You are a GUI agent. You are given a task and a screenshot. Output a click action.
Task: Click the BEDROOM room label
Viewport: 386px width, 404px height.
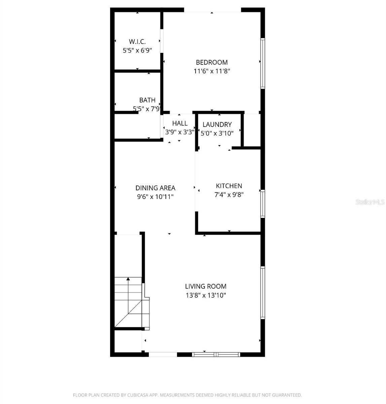pyautogui.click(x=212, y=62)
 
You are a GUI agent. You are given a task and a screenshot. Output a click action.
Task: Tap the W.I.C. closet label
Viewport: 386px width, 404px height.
pyautogui.click(x=137, y=42)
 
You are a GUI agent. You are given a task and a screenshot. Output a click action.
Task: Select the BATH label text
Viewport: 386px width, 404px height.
pyautogui.click(x=147, y=100)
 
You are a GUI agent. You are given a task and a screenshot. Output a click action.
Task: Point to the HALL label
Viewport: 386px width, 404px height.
pyautogui.click(x=180, y=123)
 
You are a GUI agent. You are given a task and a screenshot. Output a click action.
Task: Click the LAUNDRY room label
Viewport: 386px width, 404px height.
pyautogui.click(x=217, y=125)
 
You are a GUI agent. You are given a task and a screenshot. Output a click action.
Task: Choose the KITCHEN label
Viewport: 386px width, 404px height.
pyautogui.click(x=229, y=186)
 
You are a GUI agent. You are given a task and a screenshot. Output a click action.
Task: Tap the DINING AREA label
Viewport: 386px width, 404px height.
pyautogui.click(x=155, y=188)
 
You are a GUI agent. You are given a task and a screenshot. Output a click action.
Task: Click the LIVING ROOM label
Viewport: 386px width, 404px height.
pyautogui.click(x=206, y=287)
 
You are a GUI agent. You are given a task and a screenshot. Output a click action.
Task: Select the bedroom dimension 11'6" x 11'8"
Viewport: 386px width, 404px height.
pyautogui.click(x=212, y=71)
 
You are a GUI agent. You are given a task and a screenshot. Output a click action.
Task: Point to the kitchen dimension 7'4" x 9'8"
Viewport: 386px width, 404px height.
pyautogui.click(x=229, y=195)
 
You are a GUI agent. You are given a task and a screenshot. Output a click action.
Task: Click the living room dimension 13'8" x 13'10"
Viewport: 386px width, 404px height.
pyautogui.click(x=206, y=296)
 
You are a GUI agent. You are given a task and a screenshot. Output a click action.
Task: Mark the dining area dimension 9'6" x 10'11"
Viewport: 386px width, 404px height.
pyautogui.click(x=155, y=197)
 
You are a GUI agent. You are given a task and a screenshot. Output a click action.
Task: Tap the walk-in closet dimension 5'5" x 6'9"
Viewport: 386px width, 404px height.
pyautogui.click(x=137, y=50)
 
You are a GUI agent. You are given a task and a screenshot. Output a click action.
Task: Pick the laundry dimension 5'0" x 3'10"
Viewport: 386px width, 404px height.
pyautogui.click(x=217, y=133)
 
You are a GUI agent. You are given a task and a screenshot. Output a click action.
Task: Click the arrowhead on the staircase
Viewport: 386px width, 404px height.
pyautogui.click(x=128, y=279)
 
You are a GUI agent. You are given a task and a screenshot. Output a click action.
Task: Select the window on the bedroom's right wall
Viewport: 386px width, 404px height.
pyautogui.click(x=263, y=63)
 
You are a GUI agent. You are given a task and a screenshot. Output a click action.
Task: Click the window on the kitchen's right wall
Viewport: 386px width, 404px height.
pyautogui.click(x=263, y=203)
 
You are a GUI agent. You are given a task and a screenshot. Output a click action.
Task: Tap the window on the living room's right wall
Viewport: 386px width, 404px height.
pyautogui.click(x=263, y=292)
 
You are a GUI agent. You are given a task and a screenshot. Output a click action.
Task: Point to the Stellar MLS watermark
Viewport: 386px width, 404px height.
pyautogui.click(x=370, y=202)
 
